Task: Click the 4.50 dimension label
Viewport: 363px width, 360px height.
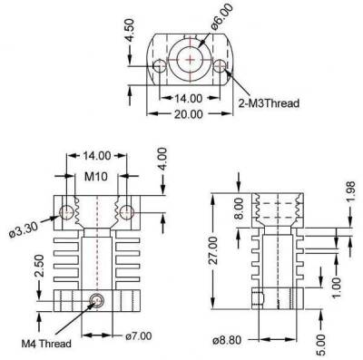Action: click(x=131, y=30)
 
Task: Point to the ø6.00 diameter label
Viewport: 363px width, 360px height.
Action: click(x=222, y=16)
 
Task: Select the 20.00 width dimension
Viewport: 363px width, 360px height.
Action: click(x=188, y=114)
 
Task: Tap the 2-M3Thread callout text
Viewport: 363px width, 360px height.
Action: click(x=269, y=103)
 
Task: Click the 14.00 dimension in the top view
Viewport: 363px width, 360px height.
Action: click(x=188, y=98)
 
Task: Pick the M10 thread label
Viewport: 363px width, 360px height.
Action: click(x=96, y=176)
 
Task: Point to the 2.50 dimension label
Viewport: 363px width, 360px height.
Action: click(x=39, y=266)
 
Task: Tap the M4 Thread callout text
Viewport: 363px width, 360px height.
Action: click(x=46, y=344)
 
